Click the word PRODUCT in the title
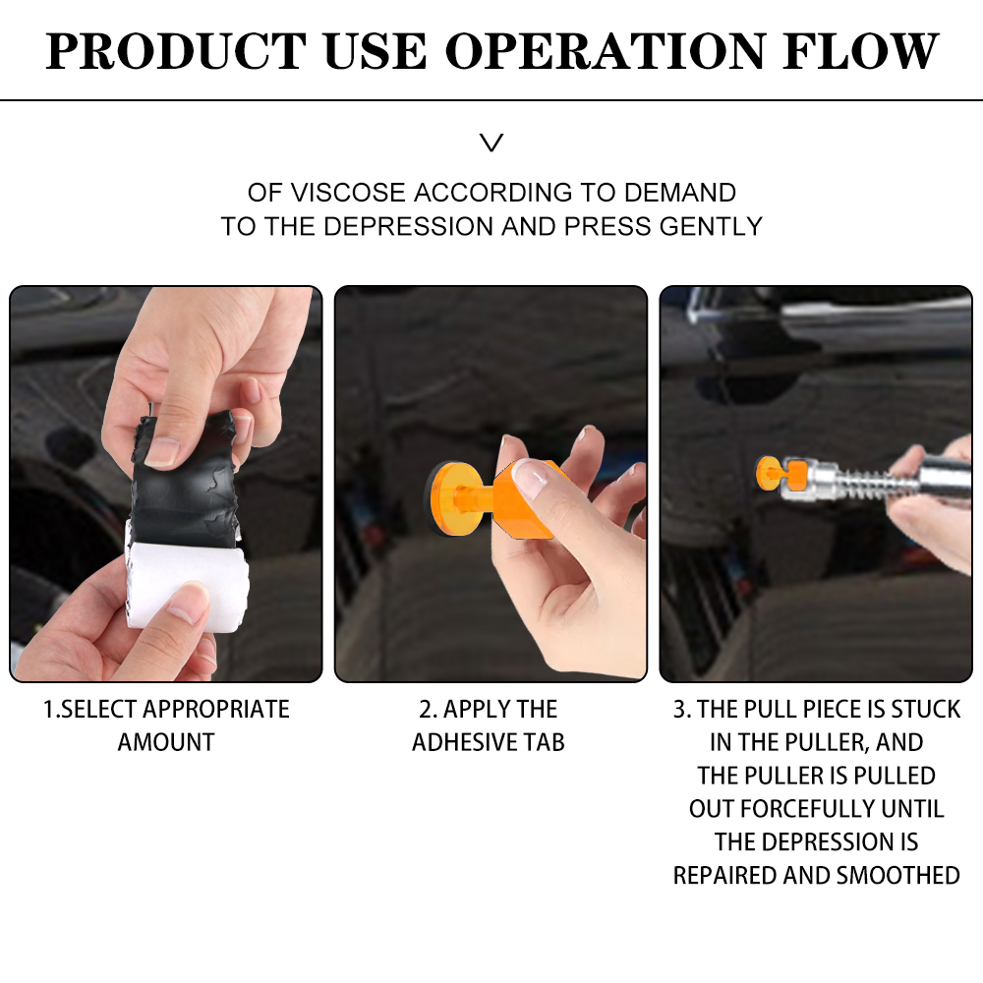176,51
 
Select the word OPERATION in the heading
605,51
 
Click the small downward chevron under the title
491,143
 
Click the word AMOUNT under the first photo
166,743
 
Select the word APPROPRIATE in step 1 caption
216,710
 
